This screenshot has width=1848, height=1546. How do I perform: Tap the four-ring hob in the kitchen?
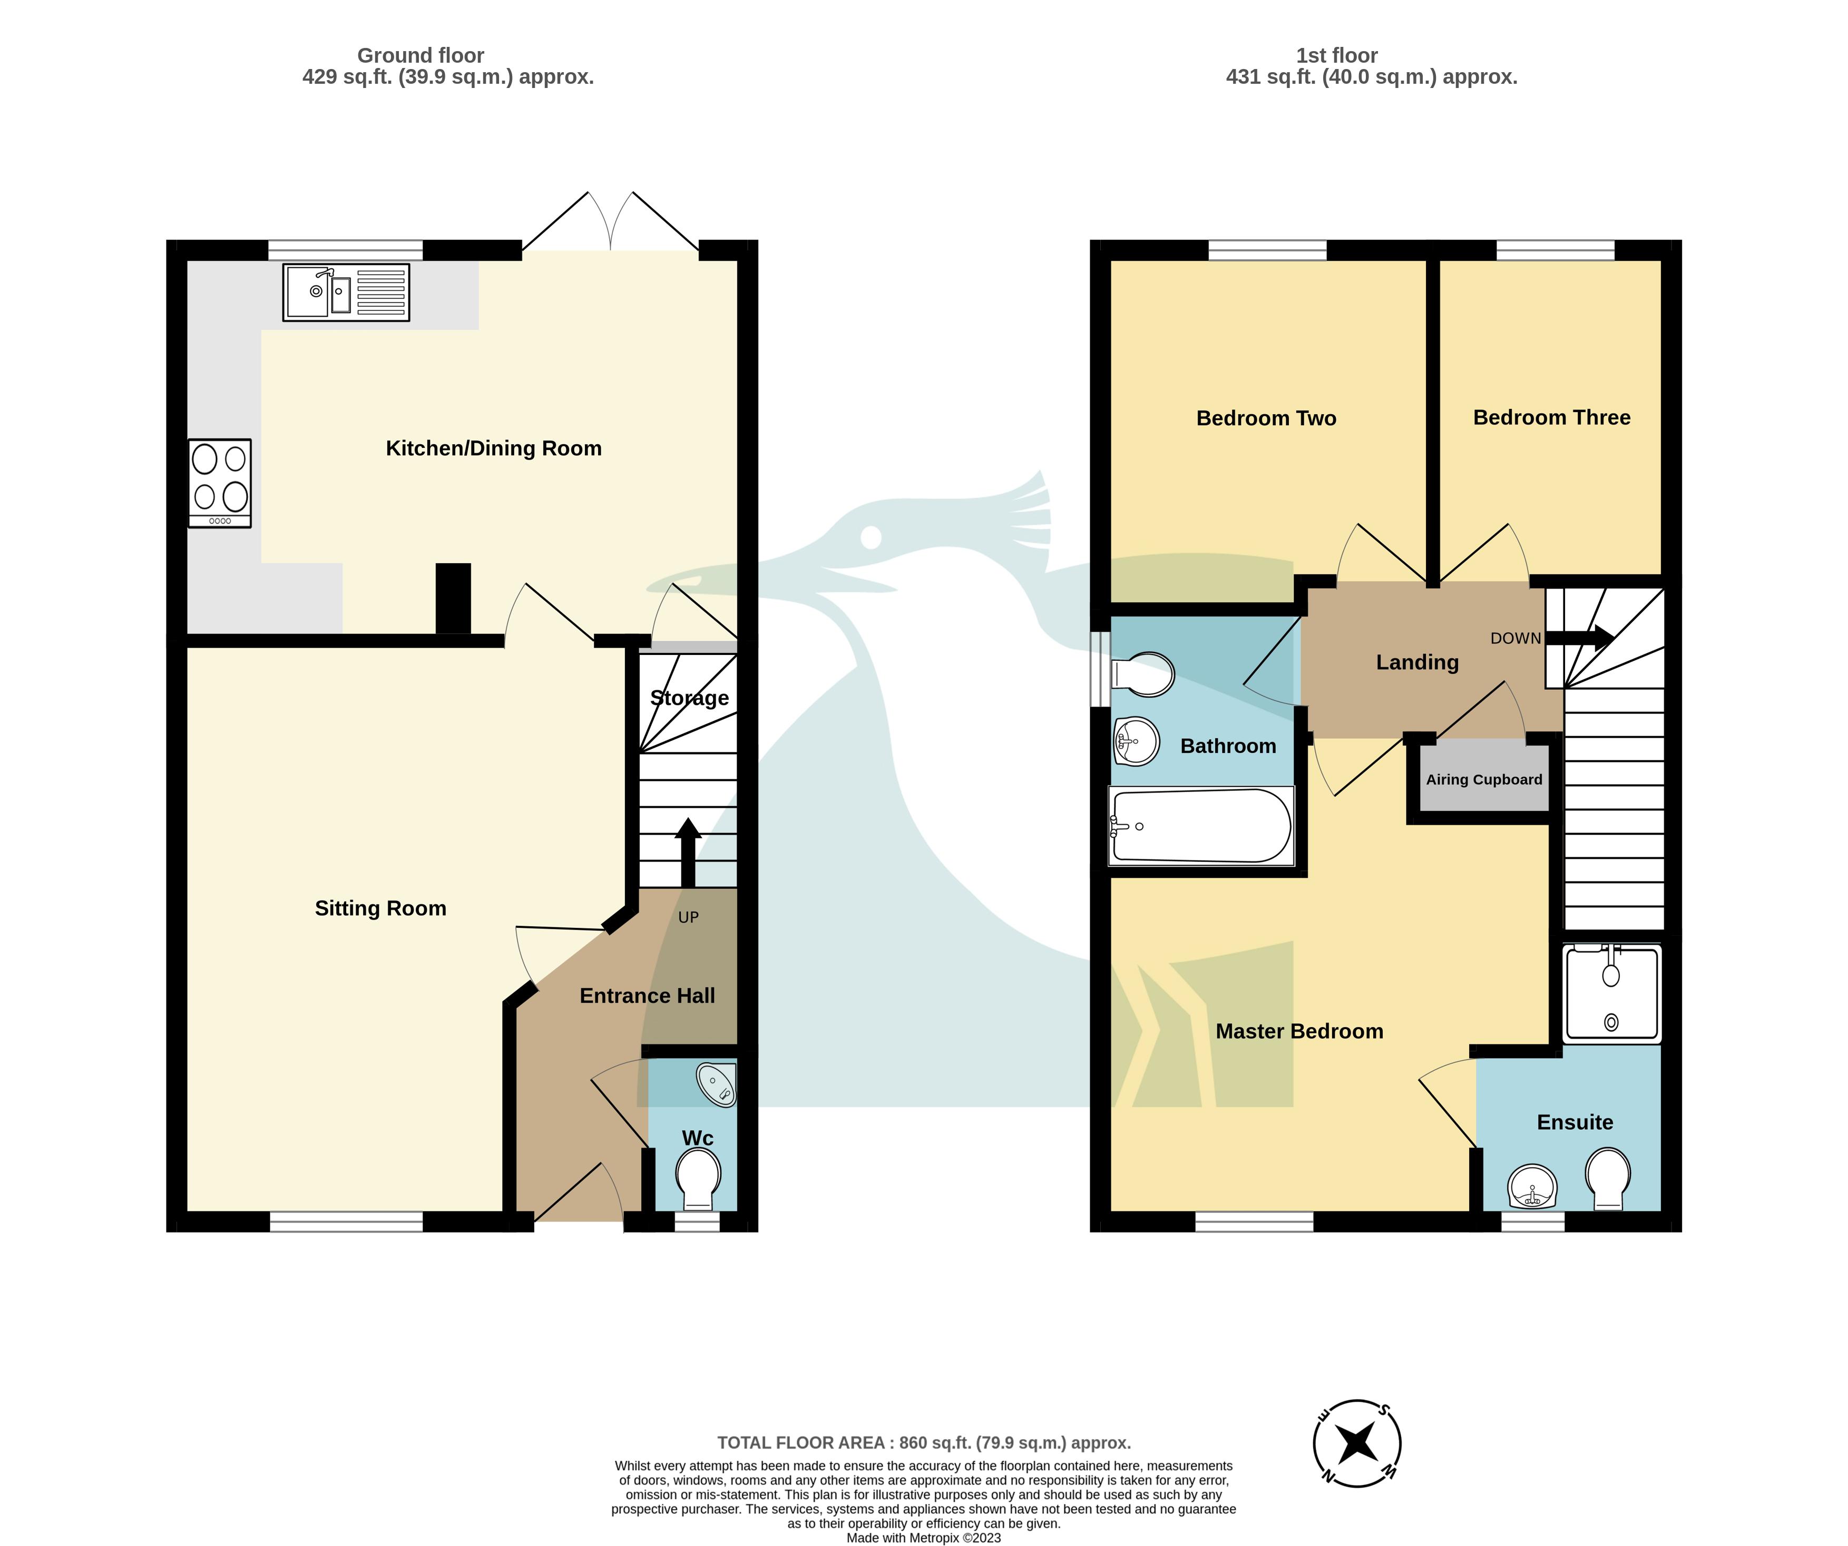coord(220,483)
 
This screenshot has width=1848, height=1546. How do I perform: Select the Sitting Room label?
coord(380,908)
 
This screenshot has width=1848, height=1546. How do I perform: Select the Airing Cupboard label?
coord(1484,780)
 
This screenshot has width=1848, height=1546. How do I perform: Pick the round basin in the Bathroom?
coord(1136,741)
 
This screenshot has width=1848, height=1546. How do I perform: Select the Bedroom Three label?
coord(1551,417)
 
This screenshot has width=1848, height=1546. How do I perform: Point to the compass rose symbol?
coord(1357,1443)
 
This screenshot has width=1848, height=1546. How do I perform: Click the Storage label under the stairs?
coord(689,698)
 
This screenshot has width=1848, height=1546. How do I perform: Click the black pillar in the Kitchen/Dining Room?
coord(453,599)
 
